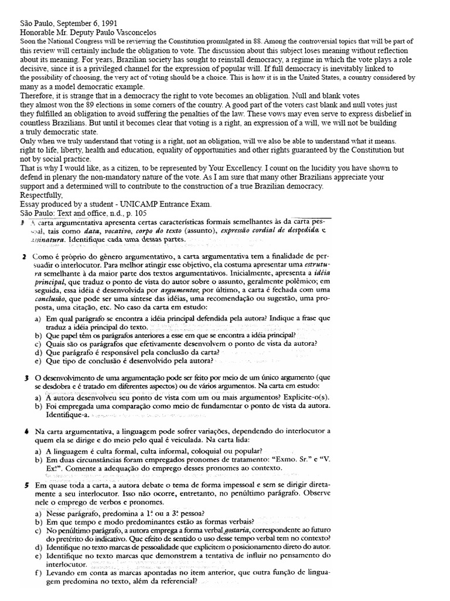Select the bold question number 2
coord(23,258)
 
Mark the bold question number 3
coord(23,377)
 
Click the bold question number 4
coord(23,431)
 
